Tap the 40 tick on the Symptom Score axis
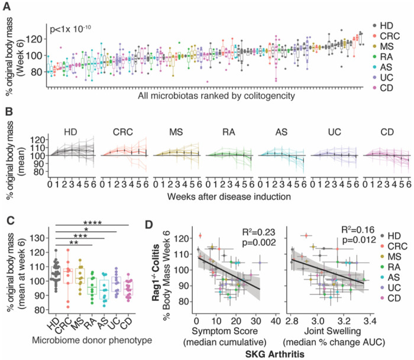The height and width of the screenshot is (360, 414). click(x=276, y=319)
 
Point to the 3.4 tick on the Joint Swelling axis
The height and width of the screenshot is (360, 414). click(x=371, y=319)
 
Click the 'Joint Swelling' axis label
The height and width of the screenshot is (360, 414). click(x=329, y=330)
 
